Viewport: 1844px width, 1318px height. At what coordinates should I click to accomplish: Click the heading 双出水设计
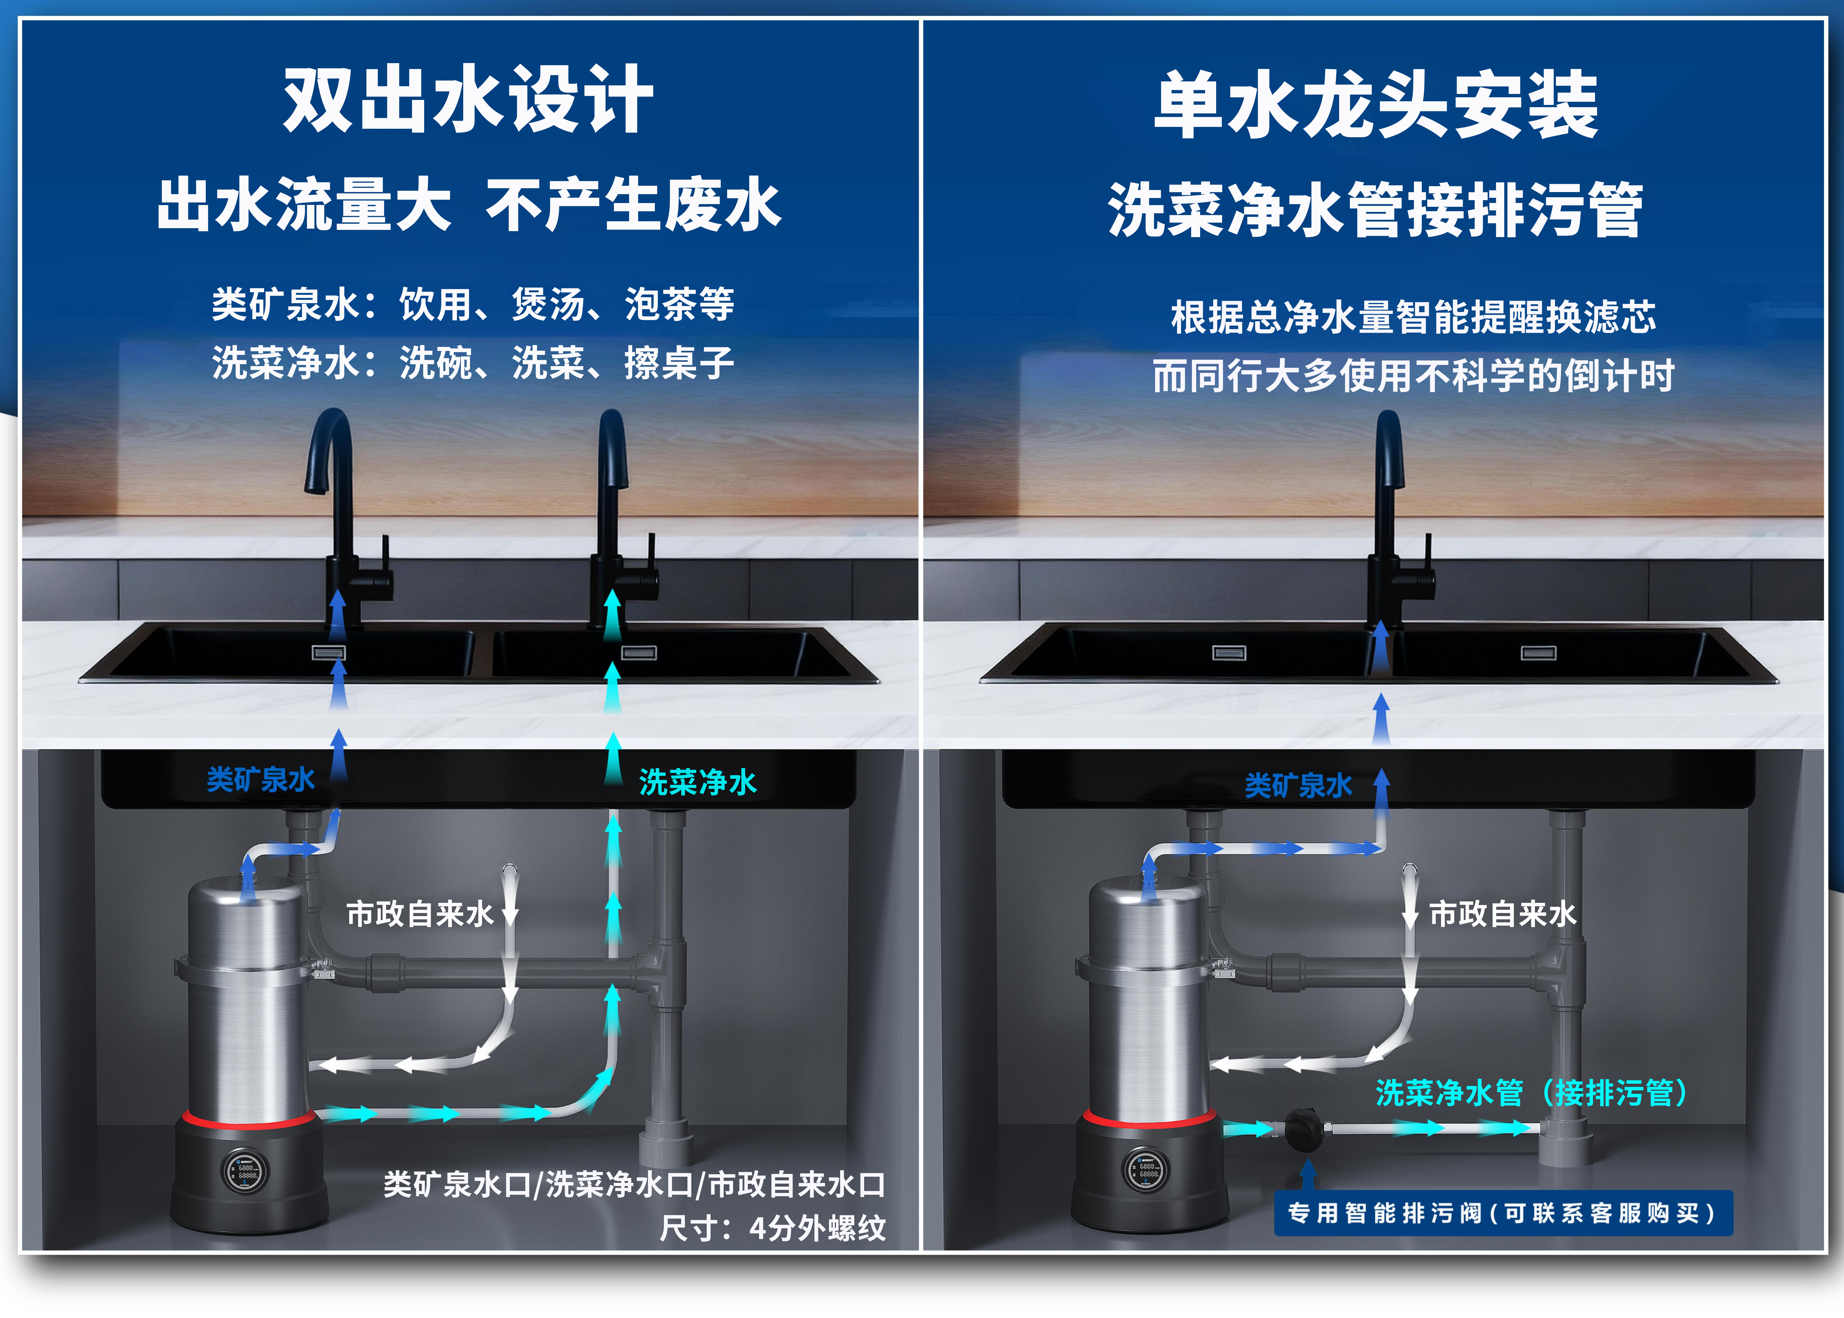tap(468, 100)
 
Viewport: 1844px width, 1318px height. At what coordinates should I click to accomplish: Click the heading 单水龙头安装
tap(1376, 105)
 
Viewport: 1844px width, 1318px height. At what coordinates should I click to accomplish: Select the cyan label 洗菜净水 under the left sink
tap(697, 782)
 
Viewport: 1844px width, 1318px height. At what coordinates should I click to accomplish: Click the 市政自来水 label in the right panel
tap(1502, 914)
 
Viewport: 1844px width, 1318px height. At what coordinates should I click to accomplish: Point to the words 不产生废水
tap(633, 204)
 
